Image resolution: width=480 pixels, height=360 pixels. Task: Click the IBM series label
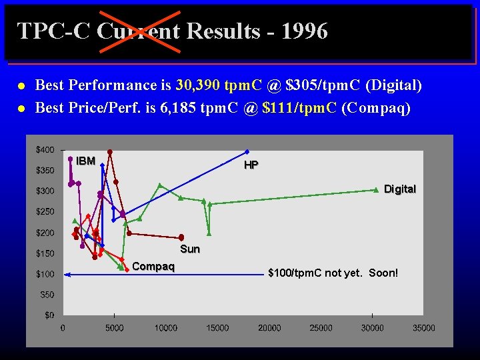click(85, 161)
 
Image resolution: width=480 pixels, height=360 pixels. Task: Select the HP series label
click(251, 165)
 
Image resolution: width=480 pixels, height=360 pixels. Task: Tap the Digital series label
click(400, 189)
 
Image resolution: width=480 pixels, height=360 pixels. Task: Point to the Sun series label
click(190, 249)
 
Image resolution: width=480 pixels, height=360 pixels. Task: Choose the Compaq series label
click(153, 267)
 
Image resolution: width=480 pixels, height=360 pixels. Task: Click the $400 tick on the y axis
click(45, 150)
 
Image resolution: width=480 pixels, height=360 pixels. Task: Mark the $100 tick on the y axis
click(45, 274)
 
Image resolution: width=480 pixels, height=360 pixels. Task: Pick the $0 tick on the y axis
click(49, 315)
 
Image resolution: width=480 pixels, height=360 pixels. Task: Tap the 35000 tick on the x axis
click(423, 328)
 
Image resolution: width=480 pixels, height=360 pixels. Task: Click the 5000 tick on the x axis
click(114, 328)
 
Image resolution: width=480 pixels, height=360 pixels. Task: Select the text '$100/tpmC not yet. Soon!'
click(333, 273)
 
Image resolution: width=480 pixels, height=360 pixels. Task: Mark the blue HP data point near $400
click(247, 152)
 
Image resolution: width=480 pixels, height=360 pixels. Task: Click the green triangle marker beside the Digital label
click(376, 190)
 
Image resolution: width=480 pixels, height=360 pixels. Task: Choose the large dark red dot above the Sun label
click(181, 237)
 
